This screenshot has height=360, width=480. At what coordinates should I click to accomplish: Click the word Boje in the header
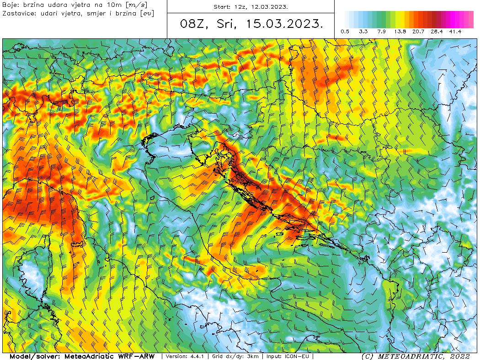click(10, 5)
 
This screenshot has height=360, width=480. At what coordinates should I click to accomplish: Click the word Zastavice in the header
click(18, 13)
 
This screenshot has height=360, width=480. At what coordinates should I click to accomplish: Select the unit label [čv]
click(147, 13)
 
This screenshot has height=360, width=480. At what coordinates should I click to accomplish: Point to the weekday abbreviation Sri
click(224, 25)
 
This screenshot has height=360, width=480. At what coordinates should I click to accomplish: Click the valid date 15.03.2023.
click(283, 25)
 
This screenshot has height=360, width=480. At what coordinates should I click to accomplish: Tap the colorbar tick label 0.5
click(345, 32)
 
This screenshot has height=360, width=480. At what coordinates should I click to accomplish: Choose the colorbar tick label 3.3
click(363, 32)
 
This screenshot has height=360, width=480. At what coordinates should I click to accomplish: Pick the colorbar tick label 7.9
click(382, 32)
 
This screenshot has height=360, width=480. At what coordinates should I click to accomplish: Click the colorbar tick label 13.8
click(400, 32)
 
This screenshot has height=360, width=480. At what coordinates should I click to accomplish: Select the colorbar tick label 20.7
click(418, 32)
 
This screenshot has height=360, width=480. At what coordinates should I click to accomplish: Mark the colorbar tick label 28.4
click(437, 32)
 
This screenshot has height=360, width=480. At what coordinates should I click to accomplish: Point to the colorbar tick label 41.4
click(455, 32)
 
